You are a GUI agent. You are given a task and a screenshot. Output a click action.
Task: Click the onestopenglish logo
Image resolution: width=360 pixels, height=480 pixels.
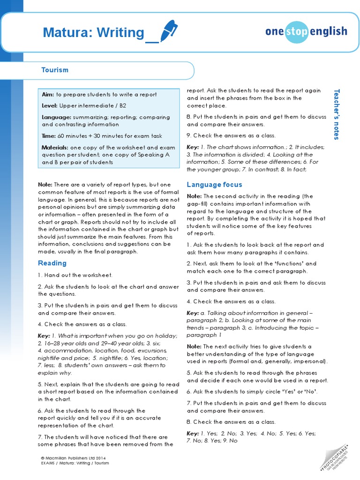point(306,31)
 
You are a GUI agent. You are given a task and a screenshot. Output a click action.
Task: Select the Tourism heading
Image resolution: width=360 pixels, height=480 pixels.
point(55,70)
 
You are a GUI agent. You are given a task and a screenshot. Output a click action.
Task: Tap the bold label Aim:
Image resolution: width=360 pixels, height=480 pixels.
point(48,95)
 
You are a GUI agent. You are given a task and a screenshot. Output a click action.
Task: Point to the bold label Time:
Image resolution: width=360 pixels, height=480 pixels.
point(49,136)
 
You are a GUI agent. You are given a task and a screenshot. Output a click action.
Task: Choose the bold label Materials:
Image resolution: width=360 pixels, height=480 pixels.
point(55,147)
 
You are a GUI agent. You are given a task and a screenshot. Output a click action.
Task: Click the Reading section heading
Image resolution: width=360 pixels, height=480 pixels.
point(52,263)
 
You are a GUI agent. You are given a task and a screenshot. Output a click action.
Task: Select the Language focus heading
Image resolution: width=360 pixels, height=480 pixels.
point(214,185)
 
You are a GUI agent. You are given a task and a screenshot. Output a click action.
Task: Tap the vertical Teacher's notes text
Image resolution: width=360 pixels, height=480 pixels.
point(336,114)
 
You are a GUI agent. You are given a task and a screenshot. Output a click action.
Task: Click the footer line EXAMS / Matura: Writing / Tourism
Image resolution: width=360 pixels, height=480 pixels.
point(75,463)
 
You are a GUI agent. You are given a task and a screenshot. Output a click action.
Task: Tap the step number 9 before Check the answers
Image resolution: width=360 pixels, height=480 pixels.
point(188,136)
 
